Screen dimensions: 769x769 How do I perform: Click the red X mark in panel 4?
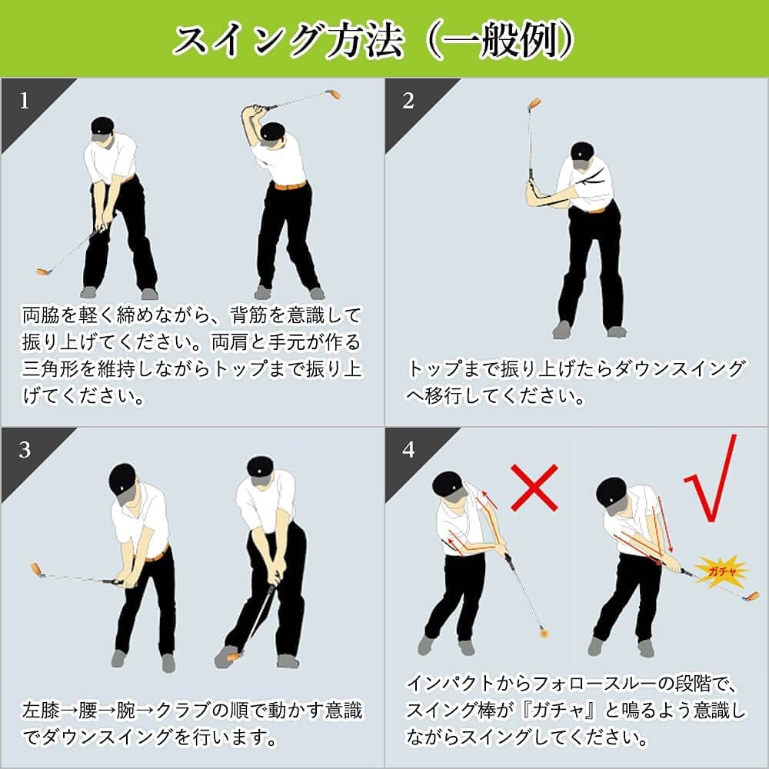point(534,488)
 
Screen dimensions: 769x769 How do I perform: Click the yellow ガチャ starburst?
point(722,571)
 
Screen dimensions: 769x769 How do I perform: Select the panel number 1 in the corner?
point(25,101)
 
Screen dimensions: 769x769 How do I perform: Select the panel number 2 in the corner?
point(408,101)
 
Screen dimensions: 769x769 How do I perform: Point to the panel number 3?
point(25,450)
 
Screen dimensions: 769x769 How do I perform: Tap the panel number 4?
point(408,450)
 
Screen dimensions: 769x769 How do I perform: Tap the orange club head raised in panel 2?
point(534,105)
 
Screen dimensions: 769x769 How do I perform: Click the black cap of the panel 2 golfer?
point(582,152)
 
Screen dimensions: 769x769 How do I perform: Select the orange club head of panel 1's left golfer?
point(44,271)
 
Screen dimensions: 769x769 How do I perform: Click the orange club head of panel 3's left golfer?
point(36,569)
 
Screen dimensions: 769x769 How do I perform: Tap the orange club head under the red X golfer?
point(544,633)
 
